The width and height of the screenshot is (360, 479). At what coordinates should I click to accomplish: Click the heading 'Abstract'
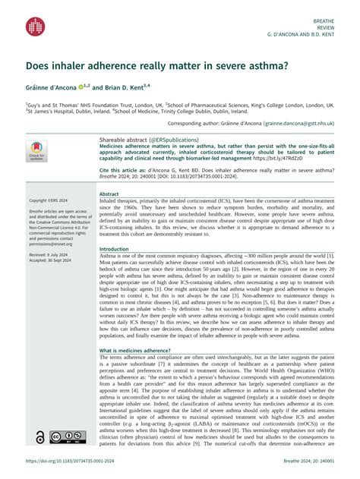tap(110, 194)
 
